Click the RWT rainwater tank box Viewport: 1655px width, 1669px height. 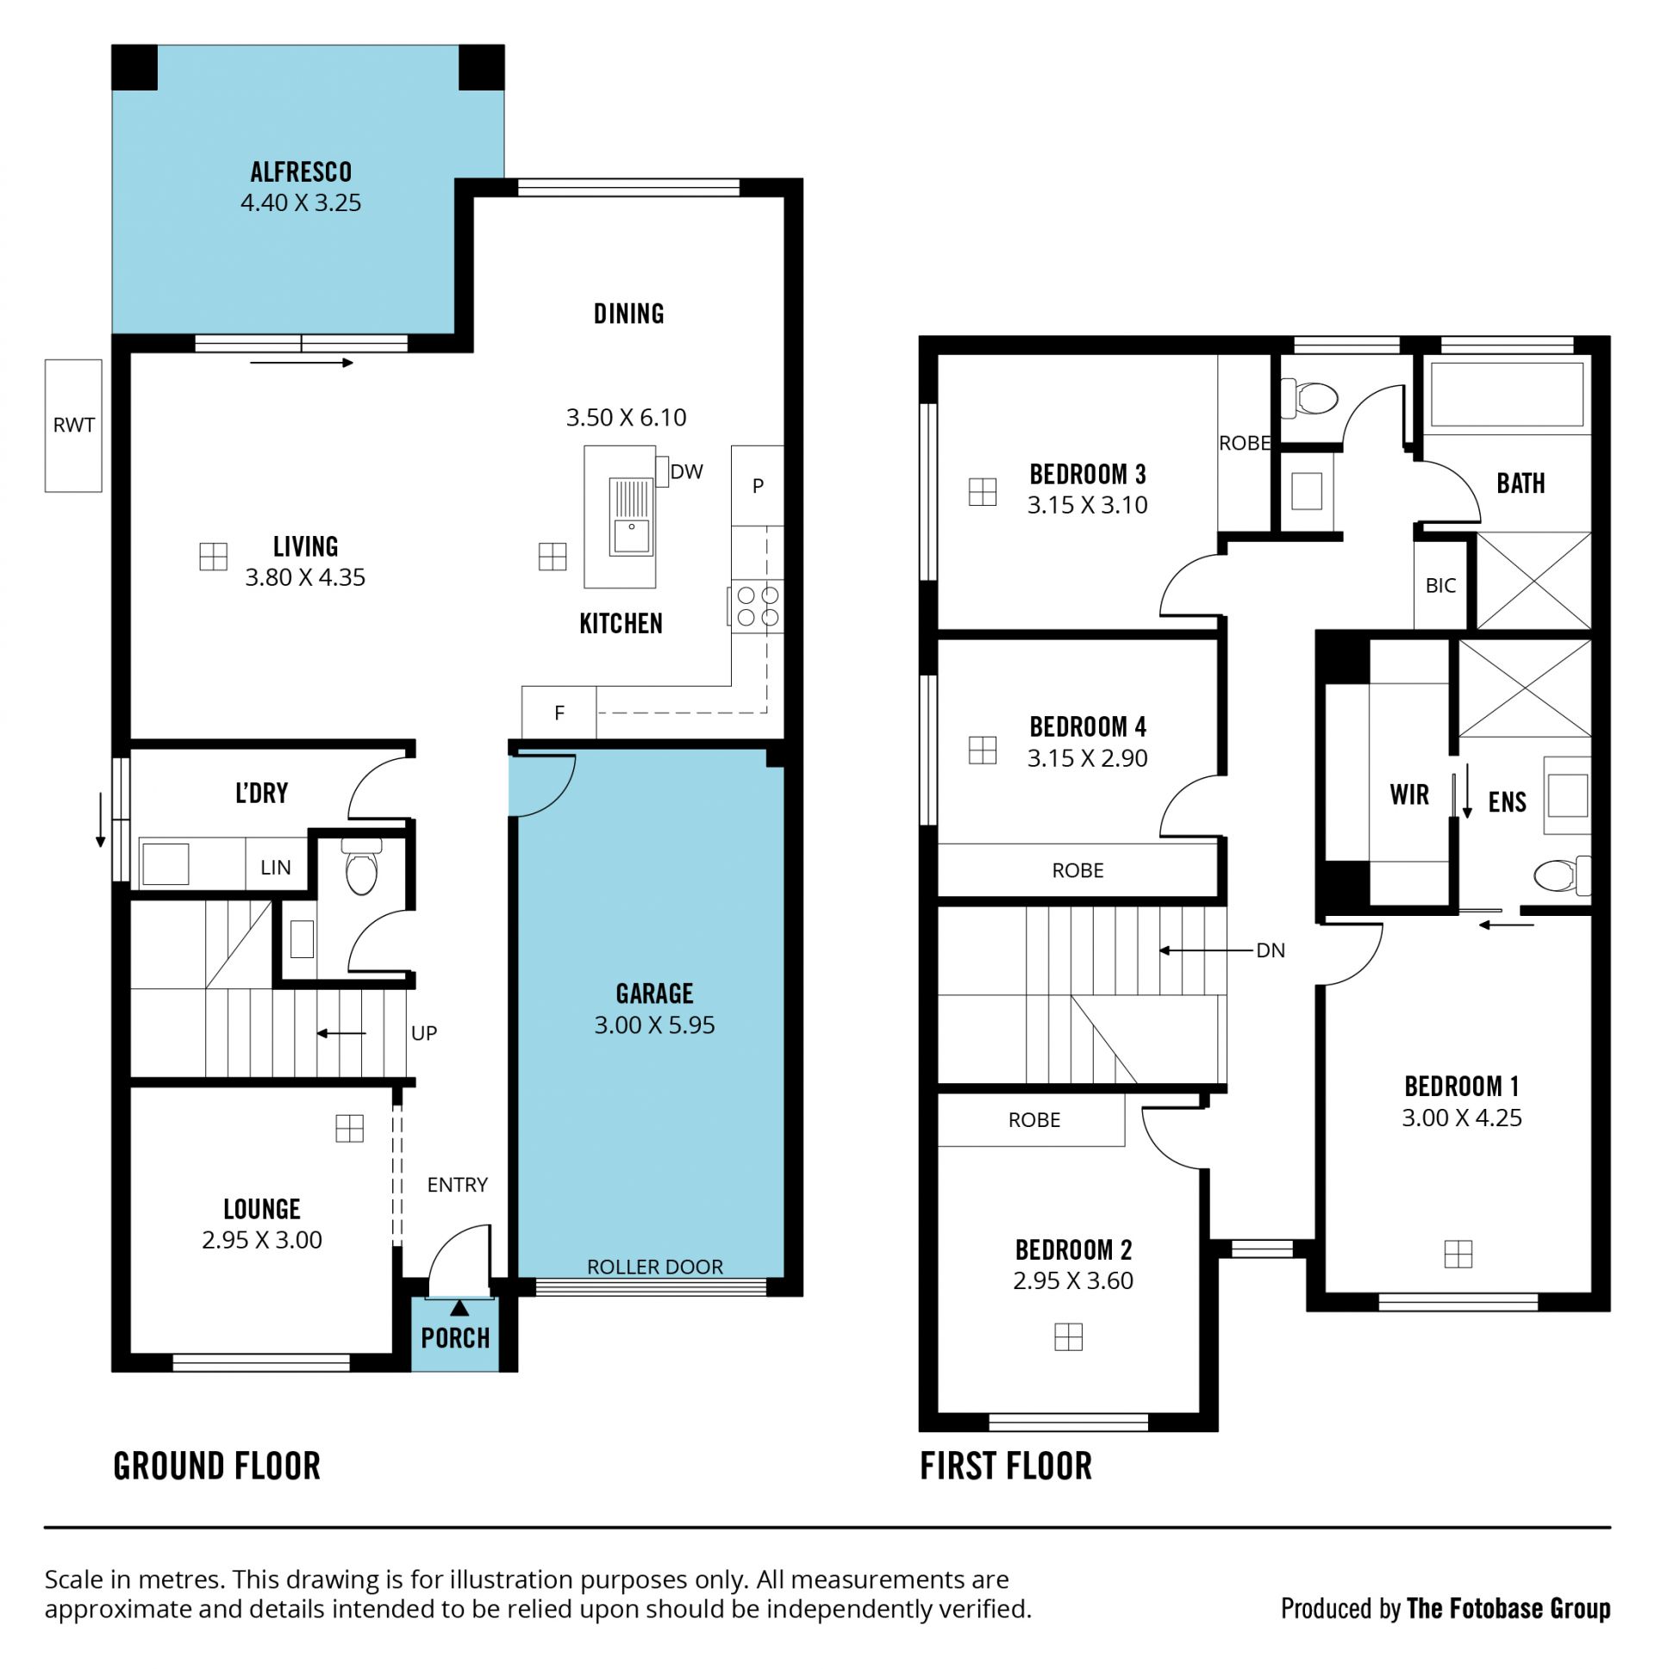tap(73, 426)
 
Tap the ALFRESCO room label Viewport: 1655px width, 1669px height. tap(301, 172)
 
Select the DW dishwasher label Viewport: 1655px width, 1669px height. tap(687, 471)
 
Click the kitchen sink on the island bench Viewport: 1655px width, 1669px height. tap(632, 517)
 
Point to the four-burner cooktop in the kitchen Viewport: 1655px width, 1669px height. tap(758, 606)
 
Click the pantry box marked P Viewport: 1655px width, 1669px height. tap(758, 485)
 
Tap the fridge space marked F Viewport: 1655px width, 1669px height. tap(559, 713)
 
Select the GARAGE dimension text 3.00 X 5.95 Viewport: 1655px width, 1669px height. tap(654, 1025)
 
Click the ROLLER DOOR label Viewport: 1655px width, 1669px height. tap(655, 1267)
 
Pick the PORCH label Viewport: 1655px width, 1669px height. tap(455, 1338)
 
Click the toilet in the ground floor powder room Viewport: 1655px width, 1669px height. tap(361, 867)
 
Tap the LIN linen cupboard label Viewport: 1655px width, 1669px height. tap(276, 868)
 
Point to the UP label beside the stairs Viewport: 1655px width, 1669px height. tap(424, 1033)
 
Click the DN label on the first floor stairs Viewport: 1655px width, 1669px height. tap(1271, 950)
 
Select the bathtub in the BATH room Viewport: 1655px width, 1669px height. tap(1508, 395)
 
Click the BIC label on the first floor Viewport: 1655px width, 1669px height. tap(1440, 586)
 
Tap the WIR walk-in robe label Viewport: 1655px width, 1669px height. tap(1409, 794)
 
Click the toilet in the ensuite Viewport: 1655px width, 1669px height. tap(1562, 875)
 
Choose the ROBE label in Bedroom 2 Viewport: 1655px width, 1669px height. tap(1034, 1120)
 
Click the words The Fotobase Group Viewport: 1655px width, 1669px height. tap(1509, 1609)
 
